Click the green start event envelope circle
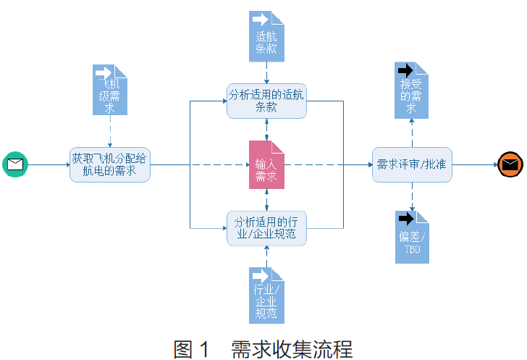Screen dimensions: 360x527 [x=15, y=164]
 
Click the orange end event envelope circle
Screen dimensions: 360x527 [x=510, y=164]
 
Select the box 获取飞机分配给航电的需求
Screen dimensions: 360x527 [x=110, y=164]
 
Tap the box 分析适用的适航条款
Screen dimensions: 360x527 [x=266, y=101]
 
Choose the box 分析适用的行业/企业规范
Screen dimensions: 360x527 [x=266, y=227]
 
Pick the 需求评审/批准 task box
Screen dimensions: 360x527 [x=412, y=164]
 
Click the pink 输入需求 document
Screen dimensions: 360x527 [x=266, y=164]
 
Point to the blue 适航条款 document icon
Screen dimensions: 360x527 [x=266, y=36]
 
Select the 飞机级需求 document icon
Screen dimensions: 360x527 [x=110, y=91]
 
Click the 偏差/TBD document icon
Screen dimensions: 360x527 [x=412, y=237]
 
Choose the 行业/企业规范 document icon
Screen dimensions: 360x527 [x=266, y=295]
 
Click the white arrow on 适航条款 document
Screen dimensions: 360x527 [x=260, y=19]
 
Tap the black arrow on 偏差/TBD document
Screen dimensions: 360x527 [x=406, y=218]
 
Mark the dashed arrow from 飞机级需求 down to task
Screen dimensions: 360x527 [x=110, y=130]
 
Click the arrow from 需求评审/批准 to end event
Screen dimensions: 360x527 [x=474, y=164]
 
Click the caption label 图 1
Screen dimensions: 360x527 [x=192, y=348]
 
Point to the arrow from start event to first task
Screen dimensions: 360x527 [x=48, y=164]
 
